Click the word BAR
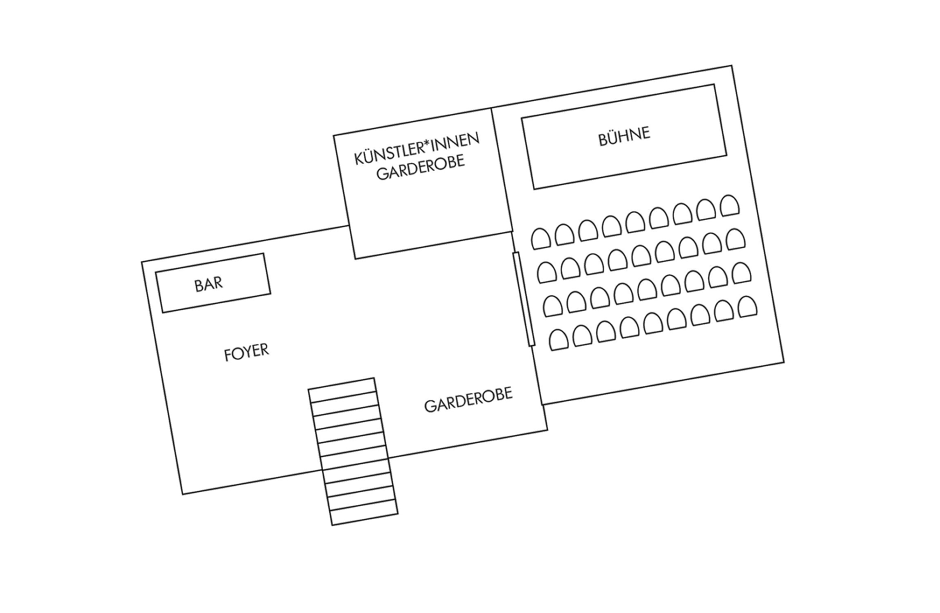pyautogui.click(x=208, y=284)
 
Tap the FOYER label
pyautogui.click(x=246, y=352)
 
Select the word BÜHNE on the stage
pyautogui.click(x=624, y=136)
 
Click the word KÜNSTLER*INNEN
pyautogui.click(x=416, y=149)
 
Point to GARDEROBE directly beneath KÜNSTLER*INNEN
pyautogui.click(x=421, y=167)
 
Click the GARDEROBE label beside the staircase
pyautogui.click(x=468, y=400)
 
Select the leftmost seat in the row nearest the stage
pyautogui.click(x=540, y=239)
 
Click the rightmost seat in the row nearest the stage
pyautogui.click(x=730, y=206)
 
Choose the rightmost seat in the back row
pyautogui.click(x=748, y=306)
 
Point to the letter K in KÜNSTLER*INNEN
pyautogui.click(x=359, y=159)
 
